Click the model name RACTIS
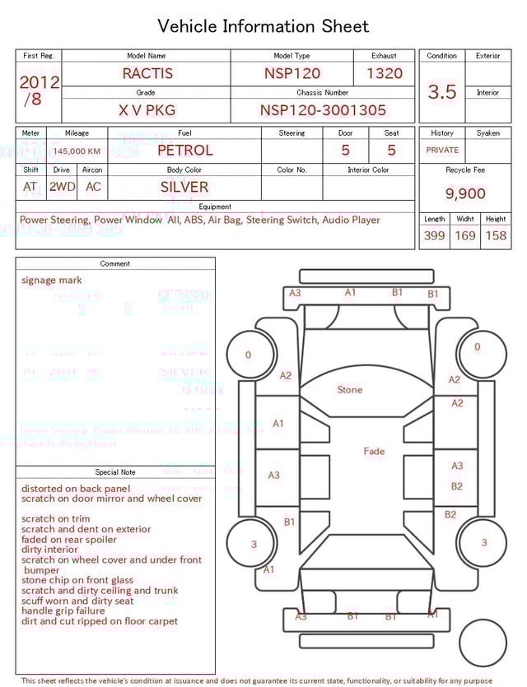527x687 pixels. (x=147, y=73)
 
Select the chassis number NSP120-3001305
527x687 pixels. (x=323, y=110)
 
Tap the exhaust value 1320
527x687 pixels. (x=385, y=73)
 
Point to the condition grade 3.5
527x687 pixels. (x=442, y=92)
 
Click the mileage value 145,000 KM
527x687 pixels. (x=77, y=151)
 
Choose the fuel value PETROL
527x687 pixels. (x=184, y=151)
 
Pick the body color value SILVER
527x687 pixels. (x=184, y=187)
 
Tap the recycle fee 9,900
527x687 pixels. (x=465, y=193)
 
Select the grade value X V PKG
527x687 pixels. (x=147, y=110)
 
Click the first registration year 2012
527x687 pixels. (x=39, y=82)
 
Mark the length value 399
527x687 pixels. (x=434, y=236)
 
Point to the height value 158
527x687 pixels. (x=496, y=236)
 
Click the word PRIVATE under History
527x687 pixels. (x=442, y=151)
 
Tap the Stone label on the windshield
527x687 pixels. (x=349, y=389)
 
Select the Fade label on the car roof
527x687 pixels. (x=374, y=451)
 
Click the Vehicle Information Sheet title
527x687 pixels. (x=263, y=26)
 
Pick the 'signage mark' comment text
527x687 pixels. (x=52, y=281)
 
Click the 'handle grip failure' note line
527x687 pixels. (x=63, y=611)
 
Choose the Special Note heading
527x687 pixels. (x=115, y=472)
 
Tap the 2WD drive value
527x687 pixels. (x=62, y=187)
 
